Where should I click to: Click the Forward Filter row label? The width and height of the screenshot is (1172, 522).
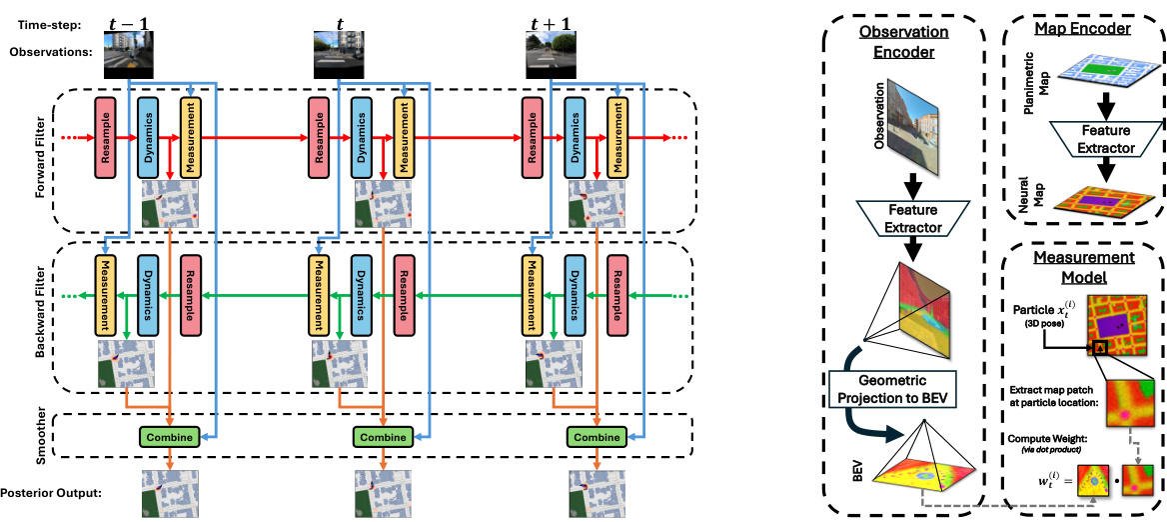(41, 160)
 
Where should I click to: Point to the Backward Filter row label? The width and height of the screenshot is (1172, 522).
(41, 316)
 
